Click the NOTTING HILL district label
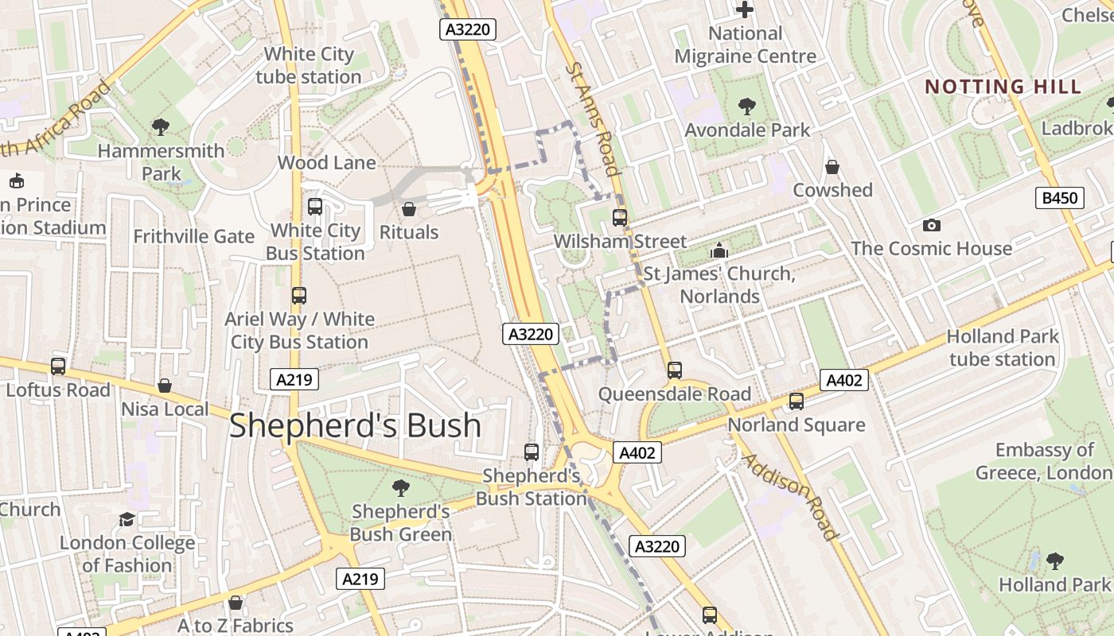click(x=1003, y=87)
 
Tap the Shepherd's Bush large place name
click(x=355, y=426)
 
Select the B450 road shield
click(x=1059, y=198)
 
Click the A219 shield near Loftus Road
click(x=294, y=380)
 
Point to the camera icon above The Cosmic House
click(x=931, y=226)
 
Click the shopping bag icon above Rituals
click(x=408, y=209)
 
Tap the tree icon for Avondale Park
click(x=746, y=107)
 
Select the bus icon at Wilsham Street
click(x=620, y=217)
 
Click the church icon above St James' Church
click(x=719, y=250)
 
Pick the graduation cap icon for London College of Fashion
click(x=127, y=520)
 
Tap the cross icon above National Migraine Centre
click(x=745, y=10)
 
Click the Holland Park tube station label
click(x=1002, y=347)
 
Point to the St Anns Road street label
click(x=593, y=119)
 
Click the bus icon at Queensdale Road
click(x=674, y=370)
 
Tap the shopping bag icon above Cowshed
click(x=832, y=167)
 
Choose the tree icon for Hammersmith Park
click(x=161, y=126)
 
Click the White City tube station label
click(x=309, y=65)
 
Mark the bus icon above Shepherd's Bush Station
click(x=532, y=452)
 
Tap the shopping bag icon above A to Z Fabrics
click(x=235, y=603)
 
